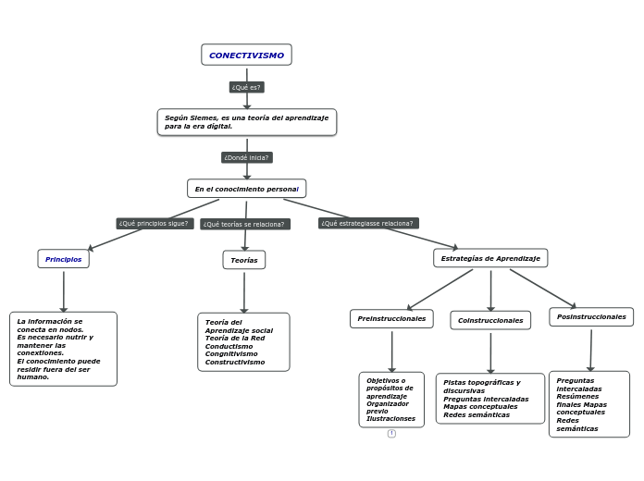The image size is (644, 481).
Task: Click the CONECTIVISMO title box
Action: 246,55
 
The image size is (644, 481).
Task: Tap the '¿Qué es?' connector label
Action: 246,87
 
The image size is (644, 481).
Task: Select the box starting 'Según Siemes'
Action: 246,122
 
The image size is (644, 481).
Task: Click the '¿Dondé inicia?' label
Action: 246,157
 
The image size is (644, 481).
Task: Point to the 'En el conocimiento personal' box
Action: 246,189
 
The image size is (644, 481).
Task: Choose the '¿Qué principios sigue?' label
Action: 155,223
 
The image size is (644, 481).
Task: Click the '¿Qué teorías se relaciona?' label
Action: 244,224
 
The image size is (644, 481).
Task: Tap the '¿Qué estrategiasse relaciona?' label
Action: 368,223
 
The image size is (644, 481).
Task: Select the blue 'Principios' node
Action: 64,259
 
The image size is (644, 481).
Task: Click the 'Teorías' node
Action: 244,260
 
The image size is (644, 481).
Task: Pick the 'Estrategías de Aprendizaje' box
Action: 490,258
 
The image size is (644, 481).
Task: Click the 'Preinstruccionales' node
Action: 391,318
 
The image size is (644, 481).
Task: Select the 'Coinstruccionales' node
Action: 490,320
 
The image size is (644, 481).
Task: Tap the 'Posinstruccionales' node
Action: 591,316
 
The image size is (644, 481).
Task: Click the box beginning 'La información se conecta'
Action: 63,349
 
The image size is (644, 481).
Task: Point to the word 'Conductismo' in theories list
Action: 229,346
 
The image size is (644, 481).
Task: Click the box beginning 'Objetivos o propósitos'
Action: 391,400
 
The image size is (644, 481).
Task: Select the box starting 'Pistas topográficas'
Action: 490,399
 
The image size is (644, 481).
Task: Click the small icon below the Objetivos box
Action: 391,433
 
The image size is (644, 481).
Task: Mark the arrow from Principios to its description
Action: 64,290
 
